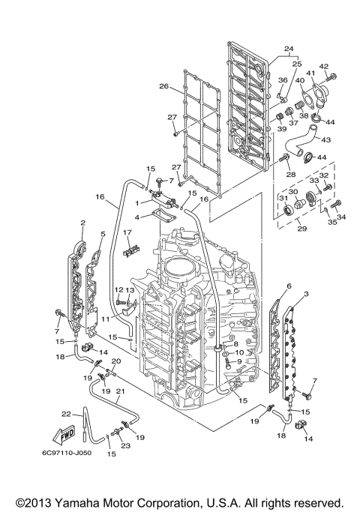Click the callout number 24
tap(288, 49)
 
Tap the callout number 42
tap(324, 67)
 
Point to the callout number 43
tap(326, 139)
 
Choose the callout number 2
tap(82, 223)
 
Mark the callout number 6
tap(289, 286)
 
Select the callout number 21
tap(120, 391)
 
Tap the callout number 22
tap(66, 413)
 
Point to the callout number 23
tap(124, 445)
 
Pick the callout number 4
tap(138, 217)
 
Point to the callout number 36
tap(283, 79)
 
